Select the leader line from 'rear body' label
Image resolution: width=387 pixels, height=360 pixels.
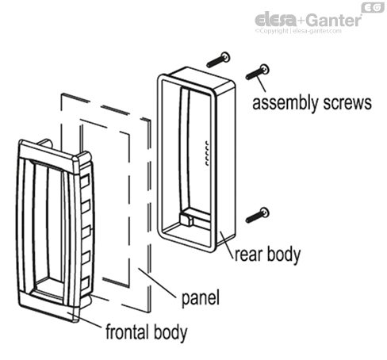[x=225, y=241]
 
